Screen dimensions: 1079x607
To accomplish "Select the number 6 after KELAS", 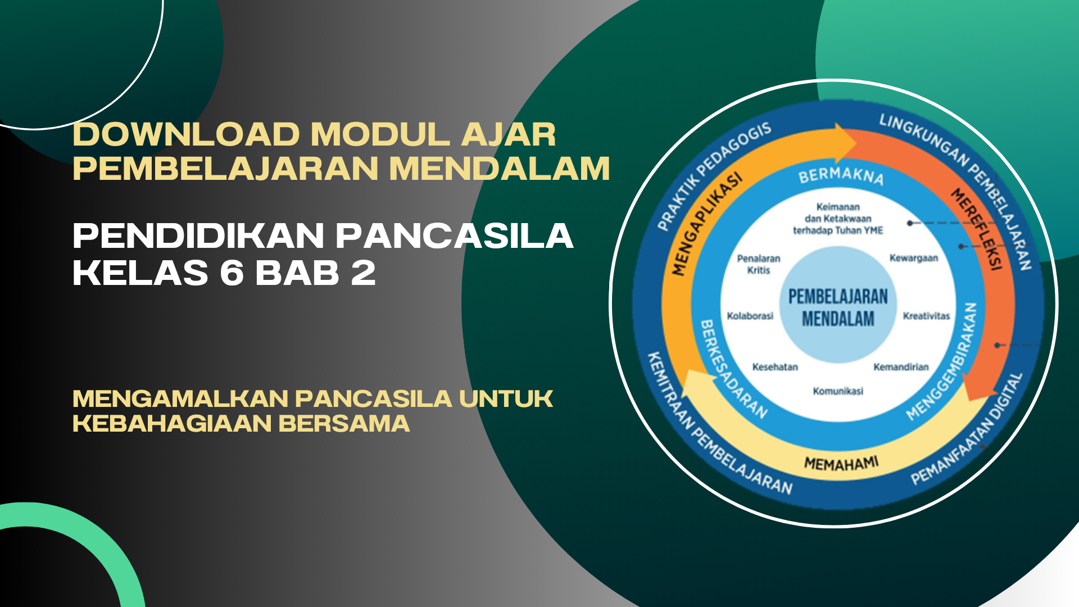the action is click(x=231, y=273).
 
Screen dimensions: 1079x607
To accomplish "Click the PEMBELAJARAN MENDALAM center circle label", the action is click(x=838, y=307).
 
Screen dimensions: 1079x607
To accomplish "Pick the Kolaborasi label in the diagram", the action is click(x=750, y=316).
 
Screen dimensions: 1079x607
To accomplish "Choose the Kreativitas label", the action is click(x=926, y=316).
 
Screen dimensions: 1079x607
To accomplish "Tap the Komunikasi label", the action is click(x=838, y=391).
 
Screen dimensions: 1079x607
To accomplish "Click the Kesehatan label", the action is click(x=775, y=367).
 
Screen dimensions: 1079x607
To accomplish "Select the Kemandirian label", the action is click(x=901, y=367).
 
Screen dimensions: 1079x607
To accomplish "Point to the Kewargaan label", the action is click(x=914, y=258).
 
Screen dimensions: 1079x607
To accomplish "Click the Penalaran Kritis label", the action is click(x=759, y=264).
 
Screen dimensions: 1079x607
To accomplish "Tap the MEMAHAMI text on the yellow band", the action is click(x=841, y=464).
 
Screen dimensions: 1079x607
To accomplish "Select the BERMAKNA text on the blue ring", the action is click(x=841, y=175).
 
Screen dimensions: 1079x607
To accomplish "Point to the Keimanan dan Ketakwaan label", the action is click(x=838, y=219).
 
